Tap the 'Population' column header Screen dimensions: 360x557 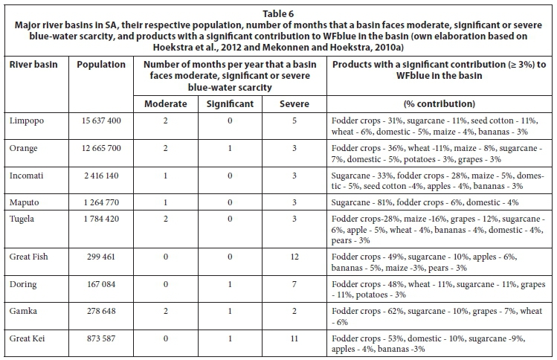101,65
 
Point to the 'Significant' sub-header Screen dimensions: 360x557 231,104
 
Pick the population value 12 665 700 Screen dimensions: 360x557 101,148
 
